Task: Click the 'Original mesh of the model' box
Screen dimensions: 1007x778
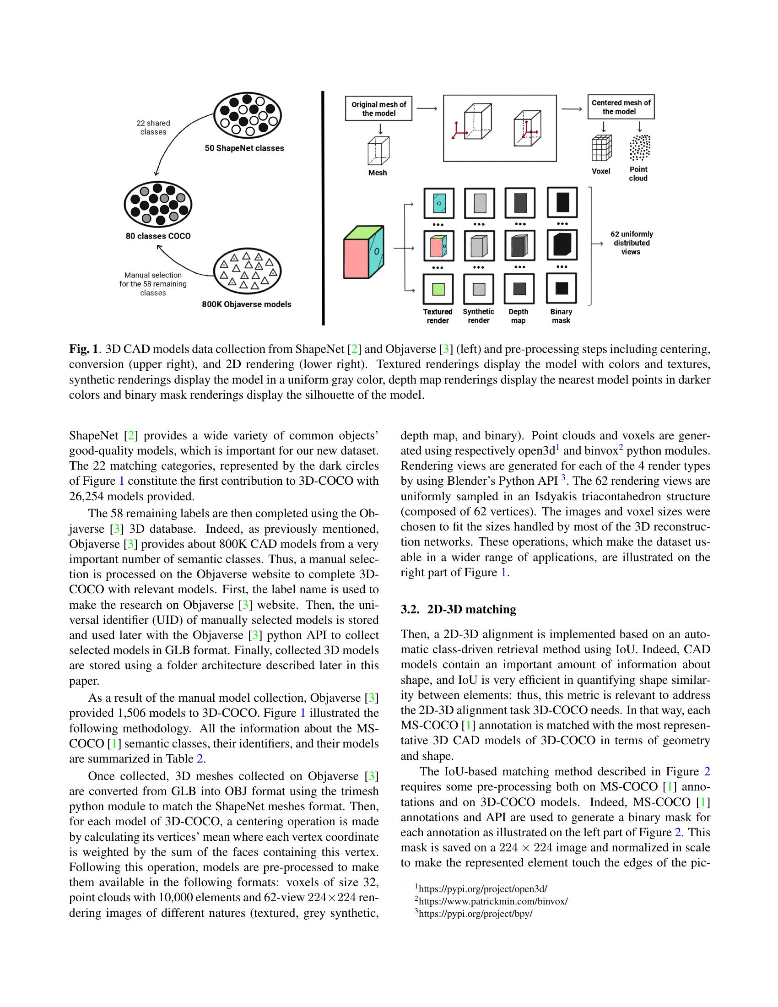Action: (x=378, y=109)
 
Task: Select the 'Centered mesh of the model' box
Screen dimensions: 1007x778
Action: (x=621, y=107)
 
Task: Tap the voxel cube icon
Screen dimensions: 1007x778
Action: (x=601, y=147)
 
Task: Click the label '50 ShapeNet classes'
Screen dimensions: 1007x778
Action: (x=244, y=148)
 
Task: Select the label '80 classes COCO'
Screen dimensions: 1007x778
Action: (x=158, y=236)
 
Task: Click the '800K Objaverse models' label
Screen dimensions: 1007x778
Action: (x=247, y=304)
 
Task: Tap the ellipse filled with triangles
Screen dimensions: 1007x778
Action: (x=248, y=271)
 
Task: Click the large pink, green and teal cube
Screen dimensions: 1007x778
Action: (x=363, y=252)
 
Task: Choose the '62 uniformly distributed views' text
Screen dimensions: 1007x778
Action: (x=632, y=243)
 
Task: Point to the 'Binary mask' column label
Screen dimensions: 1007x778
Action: (x=561, y=316)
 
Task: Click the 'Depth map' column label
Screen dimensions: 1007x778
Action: (x=518, y=316)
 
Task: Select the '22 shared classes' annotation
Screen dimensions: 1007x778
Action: (x=153, y=128)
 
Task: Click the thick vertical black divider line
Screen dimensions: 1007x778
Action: (x=323, y=207)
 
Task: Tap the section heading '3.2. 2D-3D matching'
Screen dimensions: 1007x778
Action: (x=458, y=610)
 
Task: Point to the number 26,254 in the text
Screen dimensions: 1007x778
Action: (x=86, y=497)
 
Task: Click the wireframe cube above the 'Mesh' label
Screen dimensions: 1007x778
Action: (x=378, y=150)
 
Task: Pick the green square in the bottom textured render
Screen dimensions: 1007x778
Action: (x=439, y=289)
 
